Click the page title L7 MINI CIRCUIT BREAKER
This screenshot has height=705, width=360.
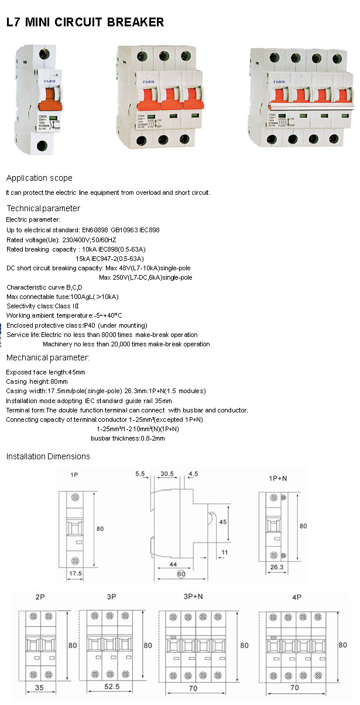coord(85,22)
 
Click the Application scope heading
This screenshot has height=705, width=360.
coord(39,178)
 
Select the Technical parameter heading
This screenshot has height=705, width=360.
coord(43,208)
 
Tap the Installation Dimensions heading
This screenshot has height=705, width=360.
coord(48,456)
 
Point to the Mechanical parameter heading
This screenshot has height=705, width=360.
coord(47,357)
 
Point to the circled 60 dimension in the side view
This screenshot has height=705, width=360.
coord(181,575)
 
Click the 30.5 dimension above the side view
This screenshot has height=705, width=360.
coord(167,473)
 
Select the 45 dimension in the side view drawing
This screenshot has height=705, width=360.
coord(223,521)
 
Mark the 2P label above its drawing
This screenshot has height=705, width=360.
coord(40,597)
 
